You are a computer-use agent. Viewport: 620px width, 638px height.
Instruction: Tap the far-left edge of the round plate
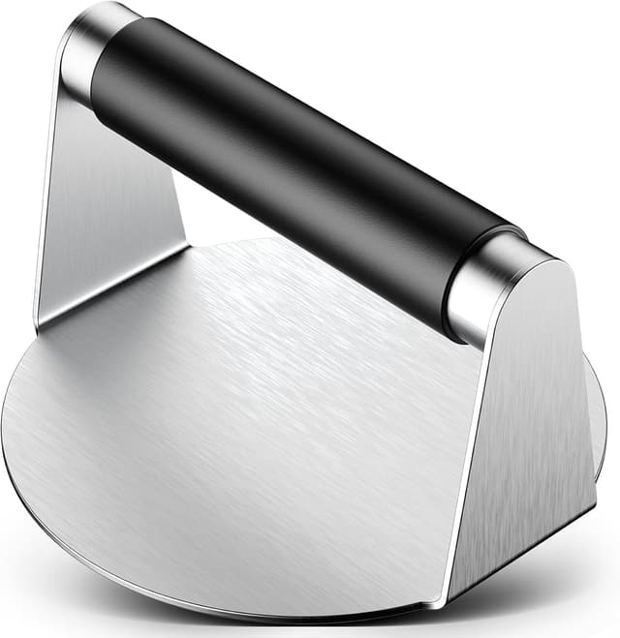point(5,426)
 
